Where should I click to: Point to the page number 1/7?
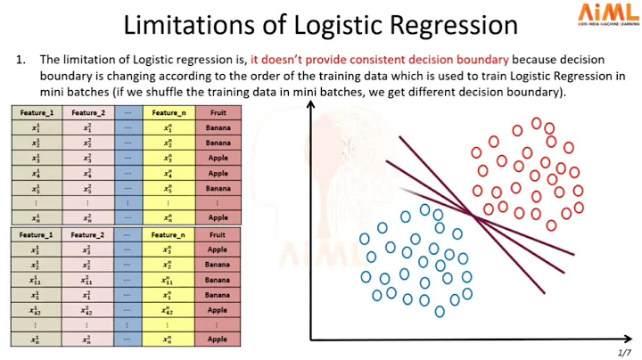[624, 353]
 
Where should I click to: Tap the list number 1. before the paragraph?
[21, 60]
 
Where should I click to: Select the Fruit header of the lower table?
[218, 235]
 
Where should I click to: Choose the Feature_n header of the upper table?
[169, 113]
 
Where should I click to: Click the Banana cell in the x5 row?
[218, 189]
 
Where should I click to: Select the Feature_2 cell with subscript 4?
[87, 174]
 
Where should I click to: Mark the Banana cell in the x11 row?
[218, 280]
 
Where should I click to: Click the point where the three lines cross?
[473, 214]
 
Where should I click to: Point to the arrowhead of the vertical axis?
[311, 105]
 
